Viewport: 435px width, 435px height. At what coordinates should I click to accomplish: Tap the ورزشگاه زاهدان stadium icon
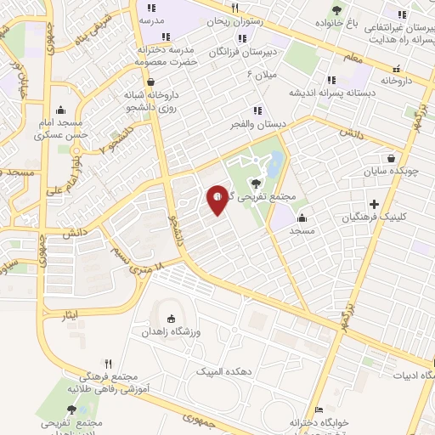[x=172, y=319]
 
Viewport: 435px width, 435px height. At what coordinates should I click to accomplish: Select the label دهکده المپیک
[x=223, y=371]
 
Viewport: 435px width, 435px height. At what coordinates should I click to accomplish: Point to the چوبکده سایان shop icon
[x=390, y=158]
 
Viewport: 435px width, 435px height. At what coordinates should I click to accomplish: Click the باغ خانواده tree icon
[x=338, y=10]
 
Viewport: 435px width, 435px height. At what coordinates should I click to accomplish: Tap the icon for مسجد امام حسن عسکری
[x=60, y=110]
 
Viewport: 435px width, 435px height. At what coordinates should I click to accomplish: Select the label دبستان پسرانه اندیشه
[x=325, y=92]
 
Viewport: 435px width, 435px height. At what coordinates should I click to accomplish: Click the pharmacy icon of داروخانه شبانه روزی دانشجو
[x=151, y=82]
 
